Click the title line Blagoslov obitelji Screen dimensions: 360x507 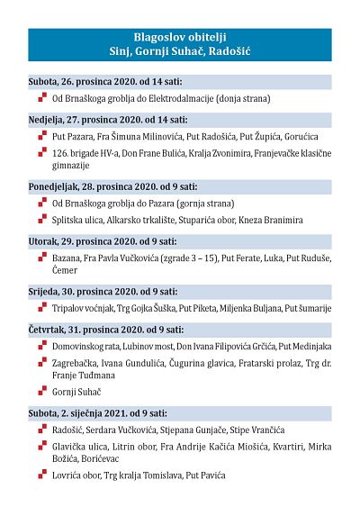point(179,39)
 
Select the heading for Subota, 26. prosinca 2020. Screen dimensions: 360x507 point(103,81)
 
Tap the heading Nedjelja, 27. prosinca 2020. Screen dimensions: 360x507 point(106,119)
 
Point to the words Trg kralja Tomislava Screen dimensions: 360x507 point(156,475)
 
